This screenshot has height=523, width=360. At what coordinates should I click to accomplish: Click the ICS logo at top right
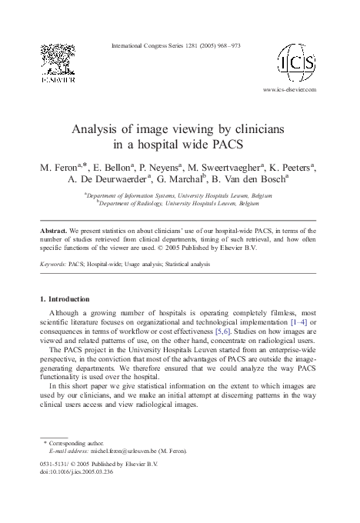[299, 62]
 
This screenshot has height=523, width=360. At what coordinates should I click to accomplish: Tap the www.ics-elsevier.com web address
[289, 89]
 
